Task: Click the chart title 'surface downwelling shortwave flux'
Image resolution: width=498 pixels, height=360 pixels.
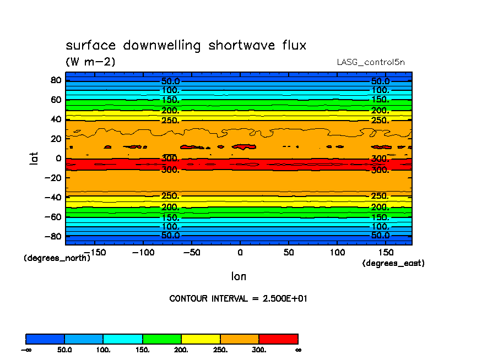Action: pyautogui.click(x=186, y=46)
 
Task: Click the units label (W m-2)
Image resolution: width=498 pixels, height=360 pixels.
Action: pyautogui.click(x=90, y=62)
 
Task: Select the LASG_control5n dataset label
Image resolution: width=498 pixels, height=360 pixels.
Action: pyautogui.click(x=371, y=62)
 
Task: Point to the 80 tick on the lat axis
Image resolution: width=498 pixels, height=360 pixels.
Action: pyautogui.click(x=55, y=80)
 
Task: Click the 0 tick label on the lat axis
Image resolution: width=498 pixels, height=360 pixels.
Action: pyautogui.click(x=57, y=158)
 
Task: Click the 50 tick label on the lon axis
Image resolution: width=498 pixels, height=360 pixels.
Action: pyautogui.click(x=288, y=252)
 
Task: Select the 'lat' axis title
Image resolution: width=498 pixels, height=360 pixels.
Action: pyautogui.click(x=34, y=159)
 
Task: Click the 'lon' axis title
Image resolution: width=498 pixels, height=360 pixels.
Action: pyautogui.click(x=239, y=276)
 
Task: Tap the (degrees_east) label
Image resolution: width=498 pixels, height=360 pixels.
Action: pyautogui.click(x=393, y=264)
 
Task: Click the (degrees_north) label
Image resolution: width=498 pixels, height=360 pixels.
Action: pyautogui.click(x=57, y=258)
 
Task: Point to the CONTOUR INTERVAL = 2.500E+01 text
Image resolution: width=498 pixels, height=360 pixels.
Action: pyautogui.click(x=238, y=299)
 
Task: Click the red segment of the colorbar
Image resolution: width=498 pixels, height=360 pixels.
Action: pyautogui.click(x=278, y=339)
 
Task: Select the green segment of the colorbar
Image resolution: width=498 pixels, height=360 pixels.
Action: pyautogui.click(x=161, y=339)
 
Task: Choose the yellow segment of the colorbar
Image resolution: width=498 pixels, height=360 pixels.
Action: pyautogui.click(x=201, y=339)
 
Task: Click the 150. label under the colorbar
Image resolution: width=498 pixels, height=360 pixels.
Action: pyautogui.click(x=142, y=350)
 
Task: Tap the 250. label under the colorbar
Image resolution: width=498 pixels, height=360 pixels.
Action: pyautogui.click(x=220, y=350)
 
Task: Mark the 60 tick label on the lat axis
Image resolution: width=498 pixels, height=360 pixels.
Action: pyautogui.click(x=55, y=100)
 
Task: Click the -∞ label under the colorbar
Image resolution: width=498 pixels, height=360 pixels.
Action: pyautogui.click(x=26, y=350)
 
